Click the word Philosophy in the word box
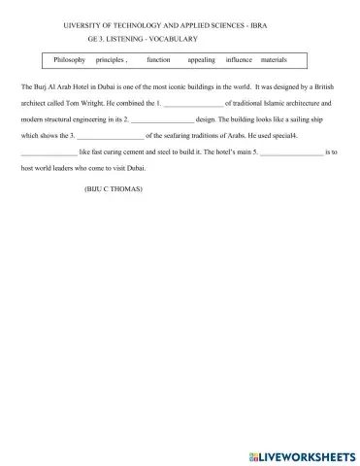pyautogui.click(x=69, y=60)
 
